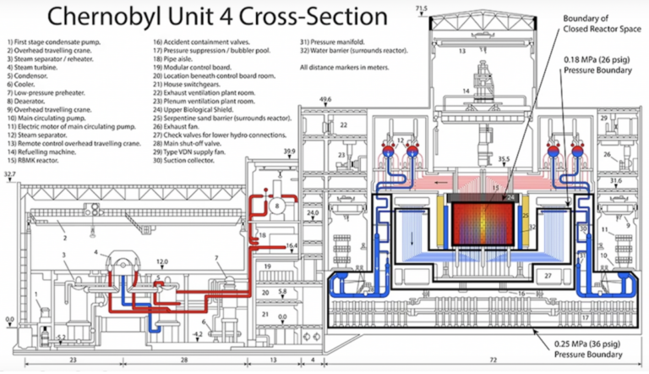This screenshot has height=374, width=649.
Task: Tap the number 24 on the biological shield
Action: (x=510, y=197)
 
